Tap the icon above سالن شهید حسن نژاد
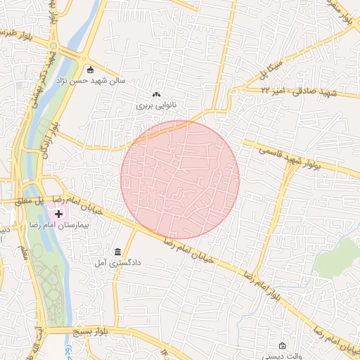click(x=90, y=70)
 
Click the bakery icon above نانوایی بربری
click(x=156, y=94)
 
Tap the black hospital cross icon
click(x=58, y=213)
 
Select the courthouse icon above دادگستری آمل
click(x=117, y=252)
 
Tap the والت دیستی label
click(x=283, y=356)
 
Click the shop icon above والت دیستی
click(x=283, y=346)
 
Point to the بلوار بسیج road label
click(x=92, y=330)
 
